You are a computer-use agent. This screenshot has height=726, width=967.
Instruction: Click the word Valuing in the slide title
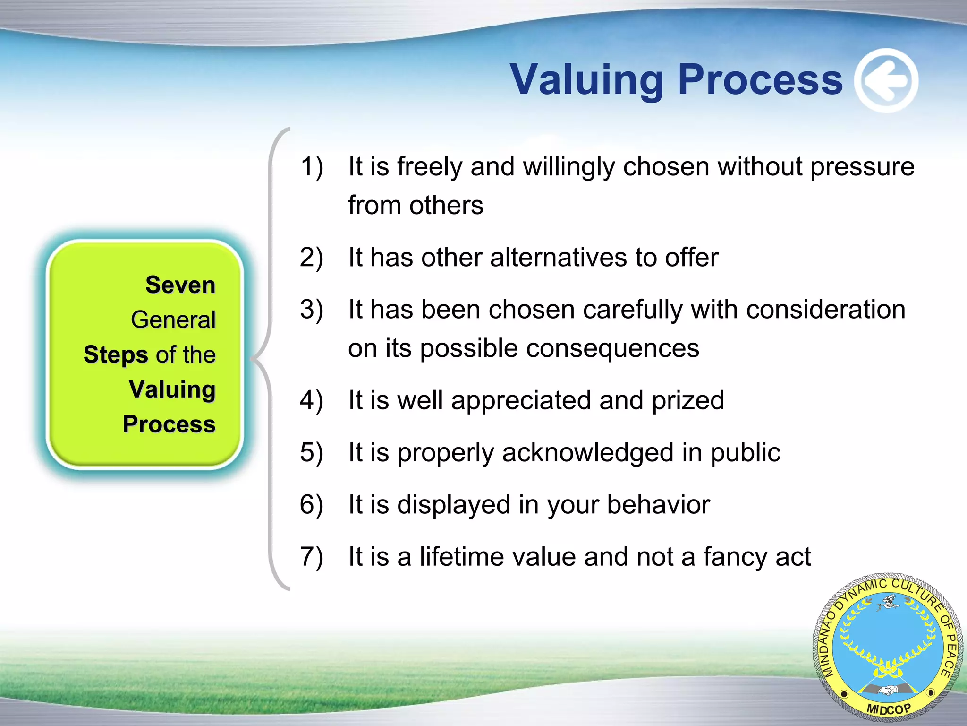coord(587,80)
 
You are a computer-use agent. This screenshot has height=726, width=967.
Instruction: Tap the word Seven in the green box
coord(180,285)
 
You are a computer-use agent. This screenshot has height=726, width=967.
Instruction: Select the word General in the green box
coord(173,320)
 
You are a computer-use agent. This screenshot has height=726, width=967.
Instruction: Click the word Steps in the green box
coord(116,355)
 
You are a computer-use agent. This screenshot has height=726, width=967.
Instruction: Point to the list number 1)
coord(312,167)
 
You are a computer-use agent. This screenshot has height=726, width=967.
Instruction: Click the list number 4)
coord(312,401)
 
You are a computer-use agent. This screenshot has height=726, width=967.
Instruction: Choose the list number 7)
coord(312,557)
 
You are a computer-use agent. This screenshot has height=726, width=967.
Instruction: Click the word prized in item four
coord(687,401)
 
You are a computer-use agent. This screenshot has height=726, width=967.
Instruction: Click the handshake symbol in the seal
coord(888,691)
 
